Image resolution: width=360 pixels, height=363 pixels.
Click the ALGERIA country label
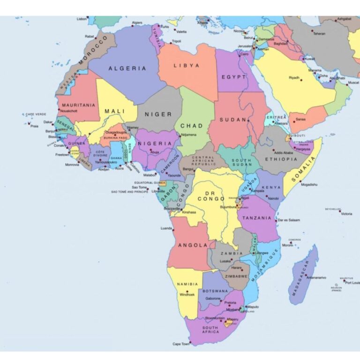point(127,68)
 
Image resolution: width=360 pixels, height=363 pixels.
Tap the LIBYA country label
point(187,66)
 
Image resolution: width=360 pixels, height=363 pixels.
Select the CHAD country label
point(192,126)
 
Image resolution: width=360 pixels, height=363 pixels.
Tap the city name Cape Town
point(181,344)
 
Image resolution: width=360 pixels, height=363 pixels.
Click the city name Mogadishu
point(309,184)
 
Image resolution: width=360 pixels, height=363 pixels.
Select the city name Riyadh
point(294,77)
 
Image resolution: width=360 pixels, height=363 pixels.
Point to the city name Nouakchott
point(68,111)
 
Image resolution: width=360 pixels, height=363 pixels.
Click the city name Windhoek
point(187,295)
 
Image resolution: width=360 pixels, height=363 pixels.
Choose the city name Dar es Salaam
point(288,220)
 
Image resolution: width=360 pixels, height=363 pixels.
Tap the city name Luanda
point(166,228)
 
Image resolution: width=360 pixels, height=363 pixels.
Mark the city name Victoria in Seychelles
point(346,214)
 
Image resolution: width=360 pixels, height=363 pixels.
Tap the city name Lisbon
point(82,19)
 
